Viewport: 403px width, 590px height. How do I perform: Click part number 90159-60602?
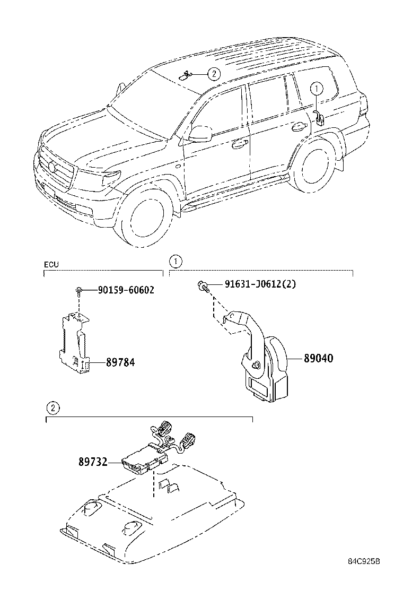[126, 290]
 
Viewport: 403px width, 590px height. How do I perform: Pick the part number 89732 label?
[93, 463]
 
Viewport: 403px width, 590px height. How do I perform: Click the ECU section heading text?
[51, 264]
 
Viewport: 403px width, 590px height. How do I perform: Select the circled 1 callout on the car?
[316, 89]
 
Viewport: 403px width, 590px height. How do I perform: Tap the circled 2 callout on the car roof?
[213, 74]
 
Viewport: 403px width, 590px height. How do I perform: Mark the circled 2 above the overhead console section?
[52, 408]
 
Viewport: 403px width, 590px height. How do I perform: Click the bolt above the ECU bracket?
[78, 290]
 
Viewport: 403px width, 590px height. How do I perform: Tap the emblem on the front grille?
[52, 168]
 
